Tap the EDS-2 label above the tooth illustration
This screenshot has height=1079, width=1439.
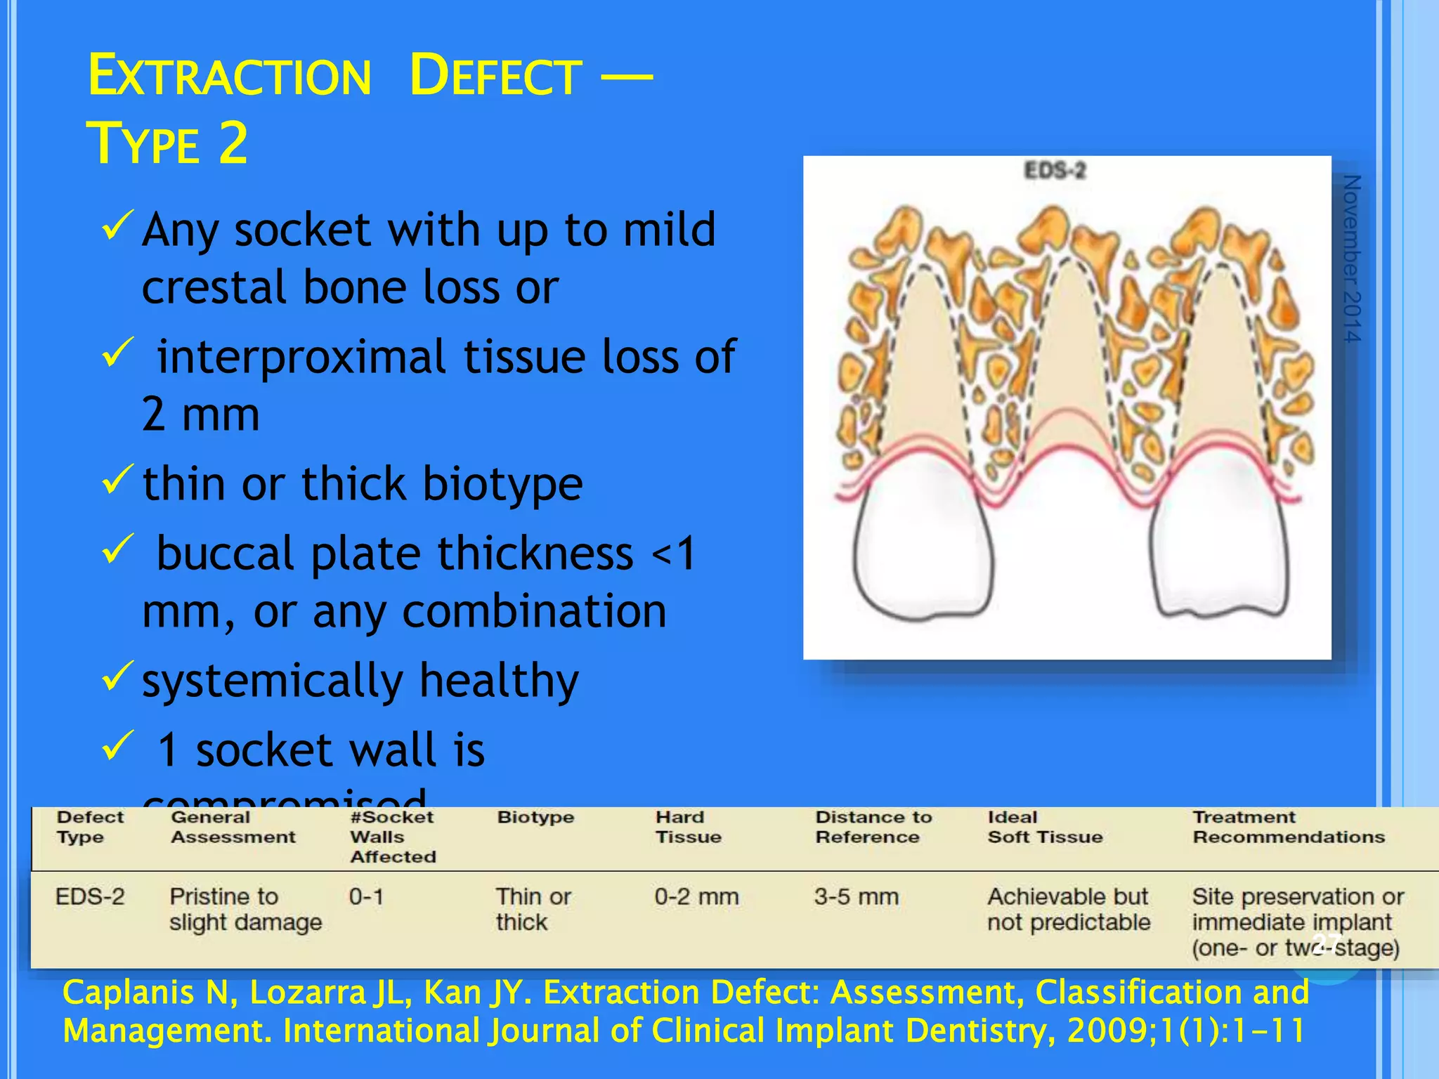click(x=1055, y=171)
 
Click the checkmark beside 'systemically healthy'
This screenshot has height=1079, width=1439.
click(x=117, y=675)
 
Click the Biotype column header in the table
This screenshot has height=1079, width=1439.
click(x=535, y=817)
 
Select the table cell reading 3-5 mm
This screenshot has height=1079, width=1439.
click(x=857, y=897)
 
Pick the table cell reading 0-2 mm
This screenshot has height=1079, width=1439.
click(x=696, y=897)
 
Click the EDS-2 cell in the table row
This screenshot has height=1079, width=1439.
click(x=90, y=897)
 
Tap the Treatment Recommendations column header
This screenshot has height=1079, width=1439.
click(x=1289, y=827)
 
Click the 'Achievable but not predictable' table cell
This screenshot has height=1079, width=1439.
click(x=1069, y=909)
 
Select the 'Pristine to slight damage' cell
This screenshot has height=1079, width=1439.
click(x=245, y=909)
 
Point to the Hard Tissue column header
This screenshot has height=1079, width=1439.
click(x=688, y=827)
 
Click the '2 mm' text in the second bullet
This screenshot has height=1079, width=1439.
click(x=200, y=414)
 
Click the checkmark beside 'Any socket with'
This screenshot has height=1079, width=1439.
click(x=117, y=226)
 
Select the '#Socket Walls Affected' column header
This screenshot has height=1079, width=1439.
click(x=392, y=837)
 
